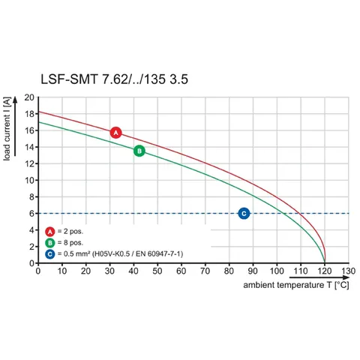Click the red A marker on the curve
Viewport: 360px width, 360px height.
pyautogui.click(x=115, y=133)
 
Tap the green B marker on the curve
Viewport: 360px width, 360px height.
pyautogui.click(x=139, y=151)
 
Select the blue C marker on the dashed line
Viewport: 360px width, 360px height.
pyautogui.click(x=244, y=214)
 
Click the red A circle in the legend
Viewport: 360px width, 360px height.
pyautogui.click(x=50, y=232)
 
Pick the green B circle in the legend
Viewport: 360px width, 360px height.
pyautogui.click(x=50, y=243)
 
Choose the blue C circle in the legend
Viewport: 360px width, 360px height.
pyautogui.click(x=50, y=254)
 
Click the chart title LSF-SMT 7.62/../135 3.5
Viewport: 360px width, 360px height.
pyautogui.click(x=114, y=79)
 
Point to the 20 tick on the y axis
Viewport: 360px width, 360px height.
pyautogui.click(x=29, y=97)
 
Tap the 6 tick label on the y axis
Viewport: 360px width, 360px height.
pyautogui.click(x=31, y=214)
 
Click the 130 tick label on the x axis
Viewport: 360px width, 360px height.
pyautogui.click(x=349, y=271)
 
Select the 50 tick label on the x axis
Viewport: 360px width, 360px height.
pyautogui.click(x=157, y=271)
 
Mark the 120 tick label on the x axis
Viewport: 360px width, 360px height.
pyautogui.click(x=325, y=271)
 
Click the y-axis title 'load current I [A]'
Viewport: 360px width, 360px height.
pyautogui.click(x=7, y=129)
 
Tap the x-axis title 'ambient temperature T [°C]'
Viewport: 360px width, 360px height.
pyautogui.click(x=296, y=285)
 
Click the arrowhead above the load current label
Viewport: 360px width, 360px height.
pyautogui.click(x=15, y=100)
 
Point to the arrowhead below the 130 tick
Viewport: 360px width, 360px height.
pyautogui.click(x=346, y=277)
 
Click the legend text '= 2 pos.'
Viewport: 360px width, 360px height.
pyautogui.click(x=70, y=232)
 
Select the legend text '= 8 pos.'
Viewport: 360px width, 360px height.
pyautogui.click(x=70, y=243)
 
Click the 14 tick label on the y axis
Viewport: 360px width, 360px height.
pyautogui.click(x=29, y=147)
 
